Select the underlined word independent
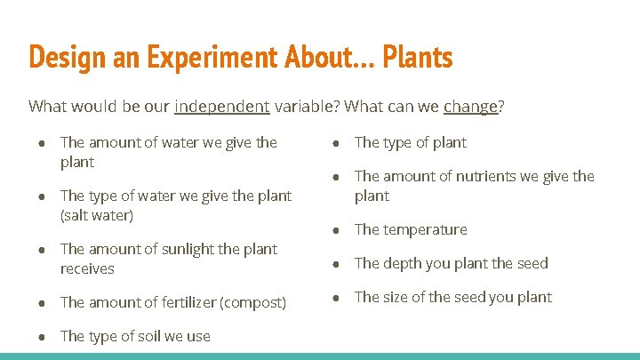[x=222, y=108]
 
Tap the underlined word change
[x=470, y=108]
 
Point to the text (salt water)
[x=96, y=215]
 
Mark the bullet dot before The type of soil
[x=43, y=337]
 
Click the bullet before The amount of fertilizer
[x=43, y=303]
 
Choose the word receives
[x=87, y=268]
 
